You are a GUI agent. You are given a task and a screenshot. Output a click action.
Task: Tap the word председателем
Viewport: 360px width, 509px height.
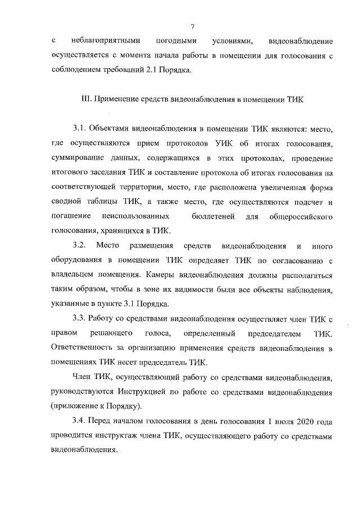click(273, 334)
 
